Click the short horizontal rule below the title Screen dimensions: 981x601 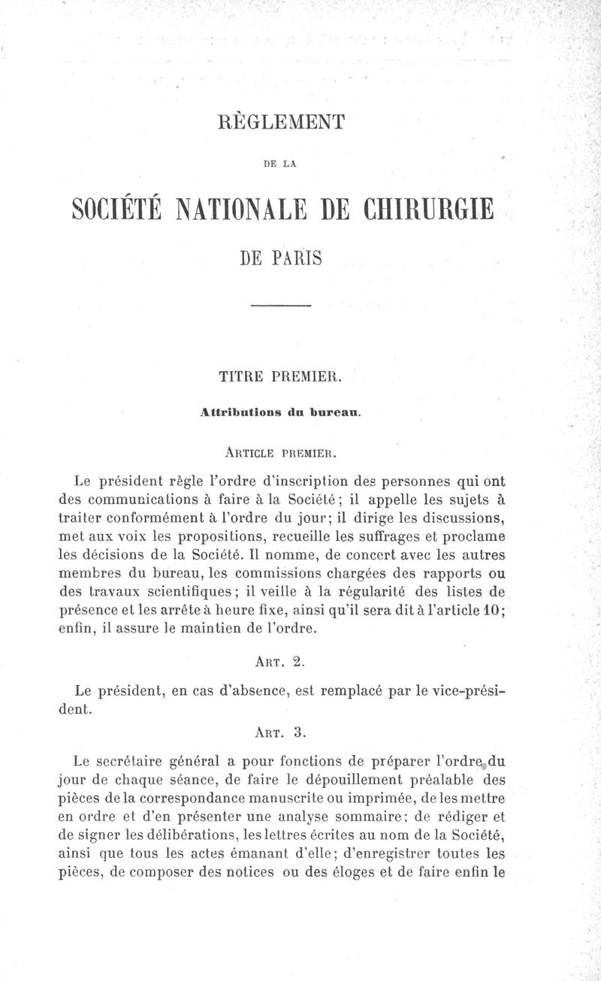(x=280, y=306)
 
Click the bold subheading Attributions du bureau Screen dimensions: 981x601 (x=281, y=412)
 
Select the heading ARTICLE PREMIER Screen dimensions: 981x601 (x=280, y=452)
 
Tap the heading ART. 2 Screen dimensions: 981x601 (x=280, y=662)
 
